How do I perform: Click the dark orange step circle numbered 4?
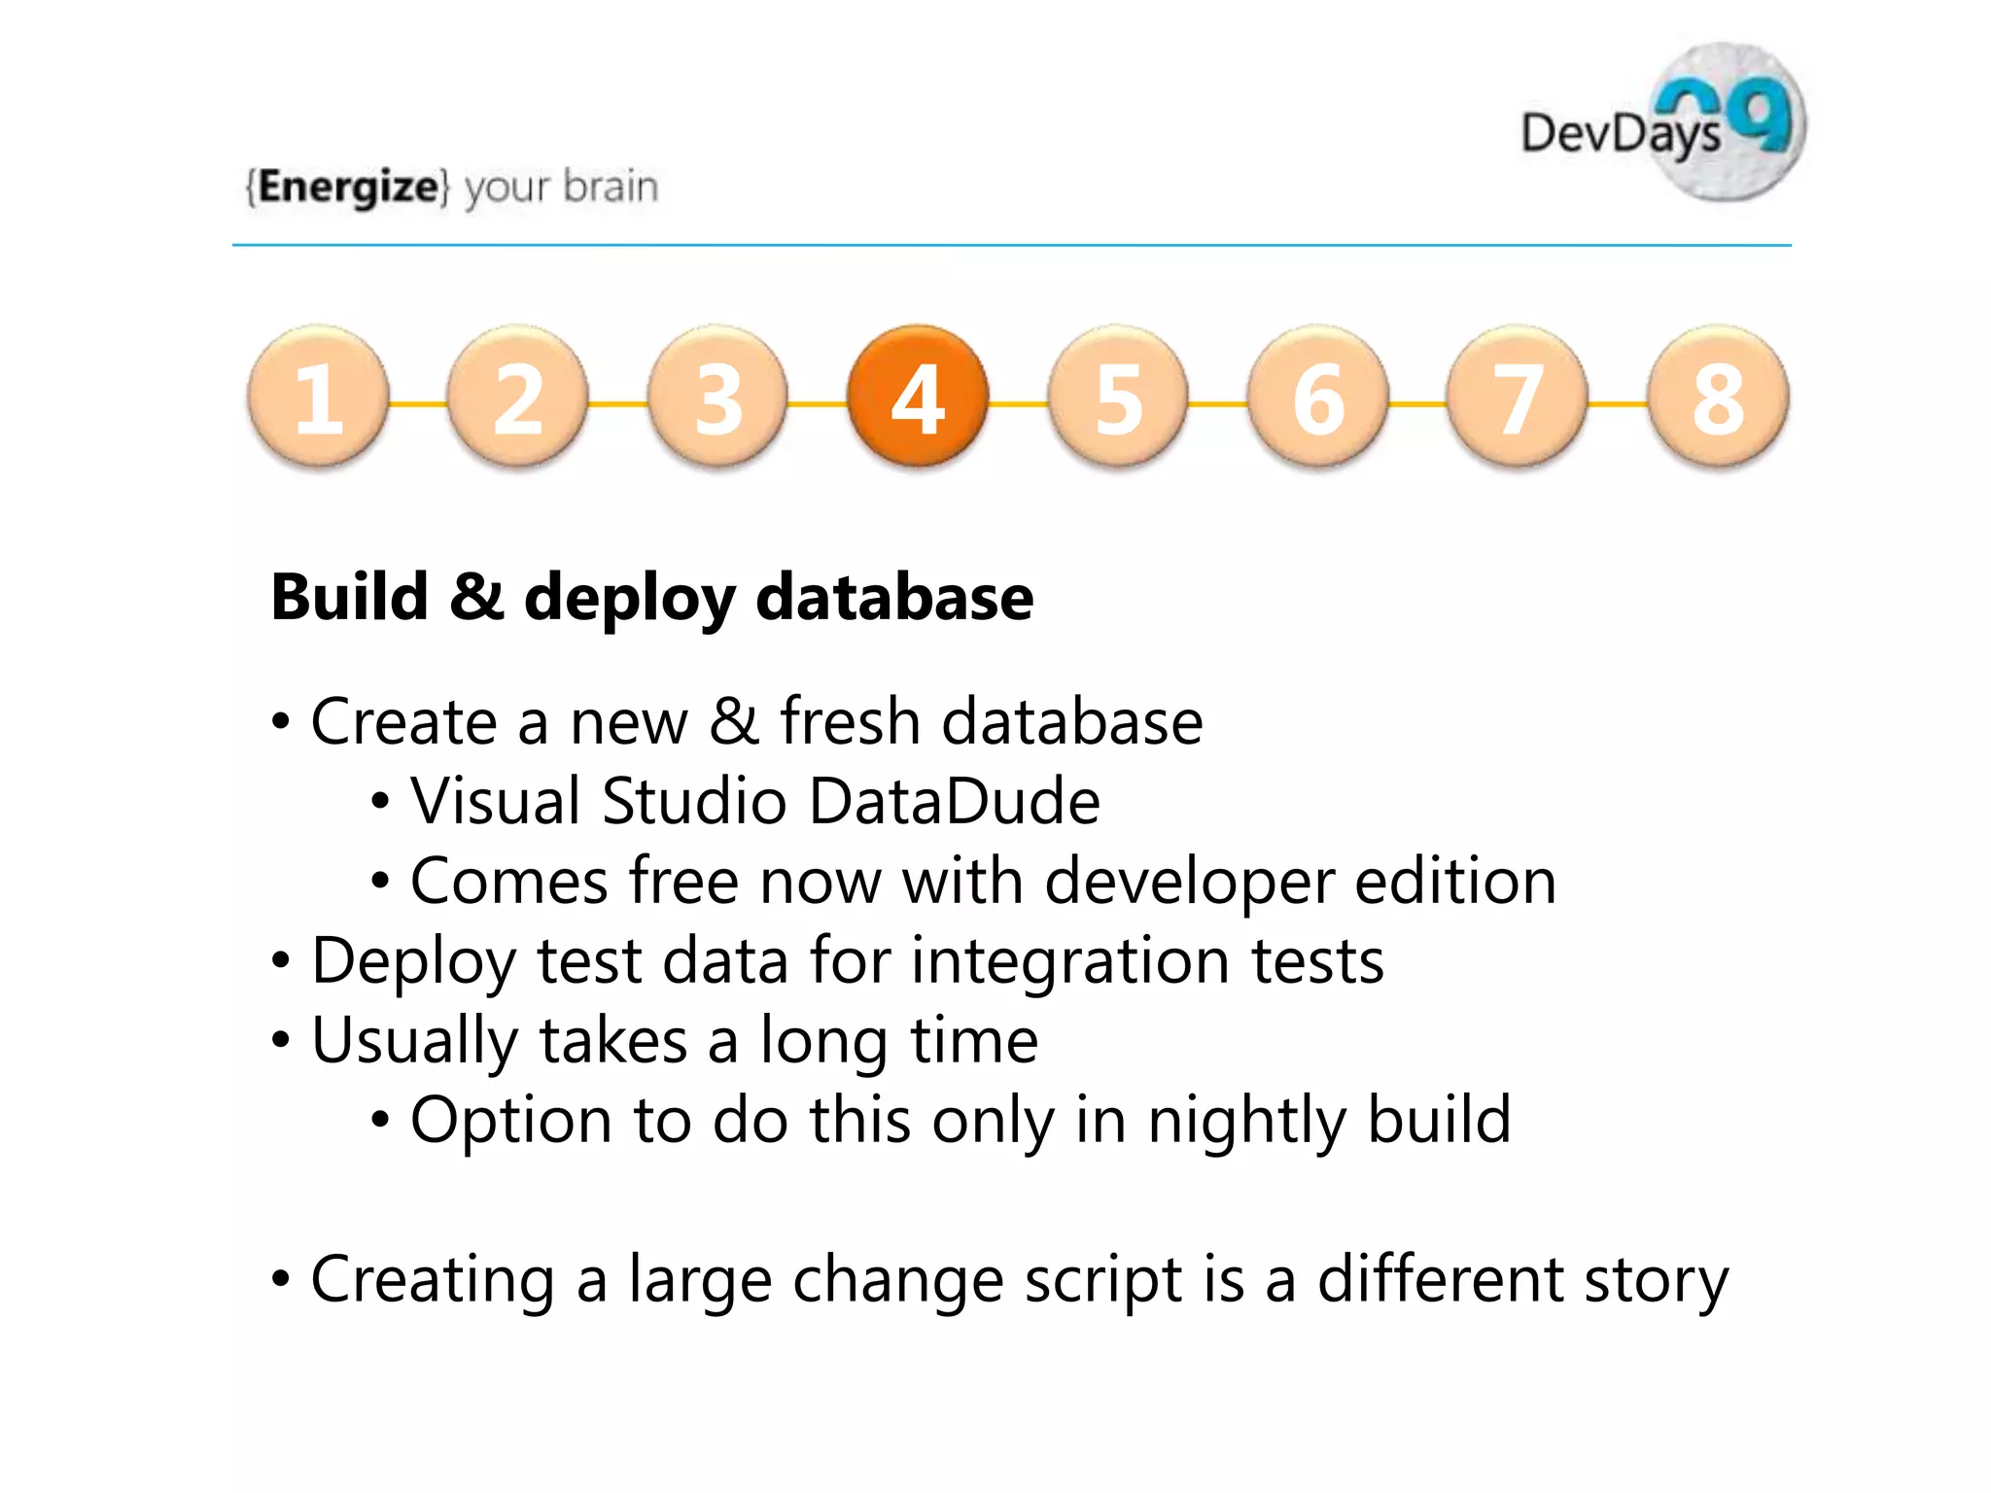tap(918, 396)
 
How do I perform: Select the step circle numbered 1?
tap(318, 396)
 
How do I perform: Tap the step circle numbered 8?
tap(1718, 396)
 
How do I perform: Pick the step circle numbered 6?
tap(1318, 396)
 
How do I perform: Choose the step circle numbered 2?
tap(518, 396)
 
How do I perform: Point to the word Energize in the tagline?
tap(348, 186)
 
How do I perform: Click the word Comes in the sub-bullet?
tap(508, 881)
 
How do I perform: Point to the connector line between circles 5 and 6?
tap(1218, 402)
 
